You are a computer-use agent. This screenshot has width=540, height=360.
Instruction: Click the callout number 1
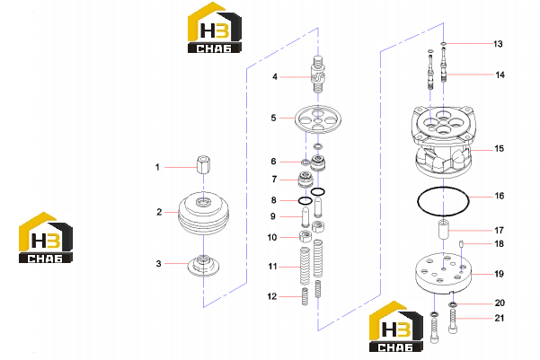point(157,167)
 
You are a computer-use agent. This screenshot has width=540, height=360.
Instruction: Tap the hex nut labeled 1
point(203,165)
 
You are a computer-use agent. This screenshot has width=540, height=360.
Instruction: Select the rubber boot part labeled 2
point(204,214)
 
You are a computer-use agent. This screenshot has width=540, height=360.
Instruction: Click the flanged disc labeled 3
point(204,266)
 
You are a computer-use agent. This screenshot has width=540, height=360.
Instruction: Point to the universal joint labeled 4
point(317,75)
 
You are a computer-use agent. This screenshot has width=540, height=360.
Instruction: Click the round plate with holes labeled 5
point(317,119)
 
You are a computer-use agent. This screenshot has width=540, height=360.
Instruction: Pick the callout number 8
point(273,200)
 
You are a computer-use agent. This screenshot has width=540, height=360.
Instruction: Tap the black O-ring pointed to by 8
point(305,201)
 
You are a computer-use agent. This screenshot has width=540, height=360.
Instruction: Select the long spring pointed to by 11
point(305,266)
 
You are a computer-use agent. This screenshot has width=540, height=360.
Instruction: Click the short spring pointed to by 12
point(305,296)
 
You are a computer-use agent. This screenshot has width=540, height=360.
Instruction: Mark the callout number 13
point(498,44)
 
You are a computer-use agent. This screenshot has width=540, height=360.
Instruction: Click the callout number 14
point(500,75)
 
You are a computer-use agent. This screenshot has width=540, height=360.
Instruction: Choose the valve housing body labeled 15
point(443,142)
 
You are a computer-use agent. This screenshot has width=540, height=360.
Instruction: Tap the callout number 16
point(500,196)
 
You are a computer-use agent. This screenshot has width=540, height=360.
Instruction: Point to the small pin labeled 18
point(461,244)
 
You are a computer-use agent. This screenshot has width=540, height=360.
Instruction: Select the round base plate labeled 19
point(443,273)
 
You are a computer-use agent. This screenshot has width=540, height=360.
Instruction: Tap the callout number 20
point(500,303)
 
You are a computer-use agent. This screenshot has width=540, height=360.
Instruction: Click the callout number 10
point(272,238)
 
